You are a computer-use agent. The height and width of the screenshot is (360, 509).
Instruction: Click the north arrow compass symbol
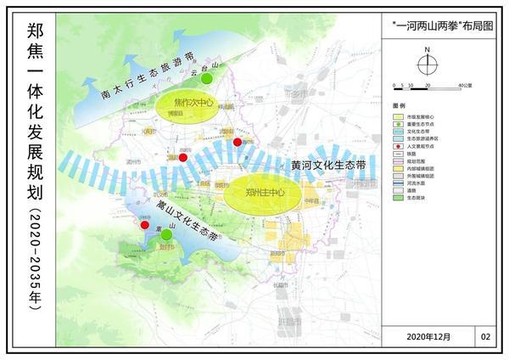click(428, 62)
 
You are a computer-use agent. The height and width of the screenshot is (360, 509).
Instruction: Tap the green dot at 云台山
click(207, 79)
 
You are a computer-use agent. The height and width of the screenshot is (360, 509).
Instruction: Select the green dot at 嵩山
click(154, 233)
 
